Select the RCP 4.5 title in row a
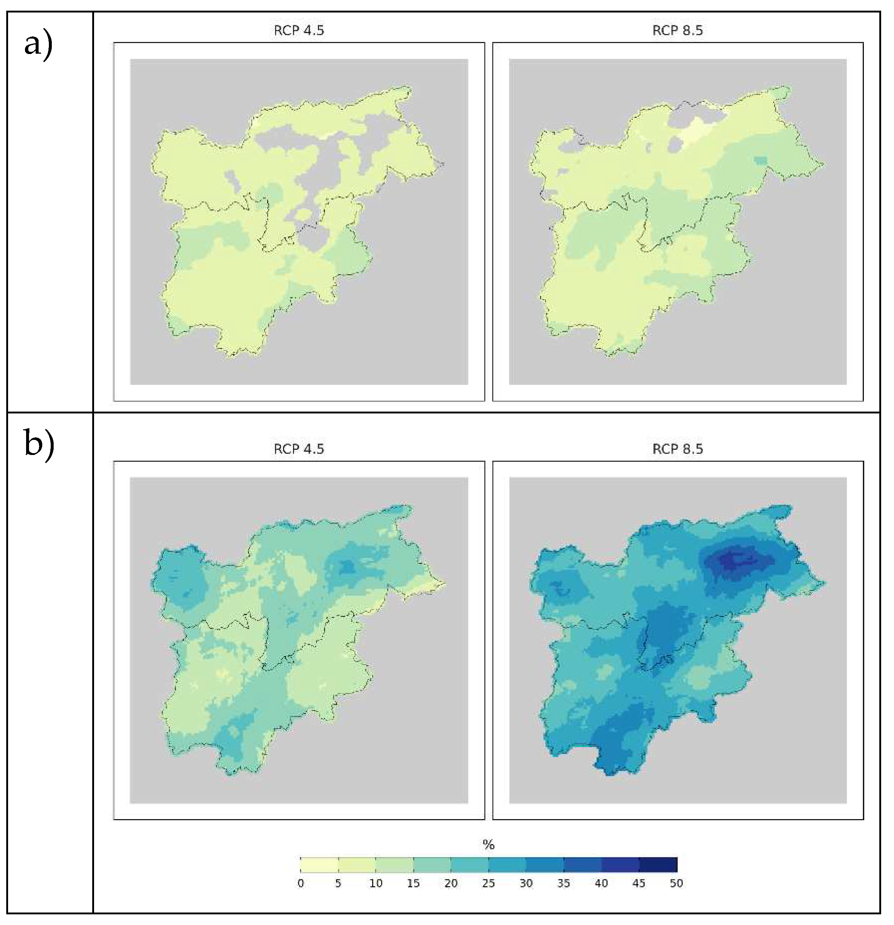299,31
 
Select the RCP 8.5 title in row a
678,31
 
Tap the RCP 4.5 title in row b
299,449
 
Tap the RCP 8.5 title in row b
678,449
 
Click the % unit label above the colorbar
489,844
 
